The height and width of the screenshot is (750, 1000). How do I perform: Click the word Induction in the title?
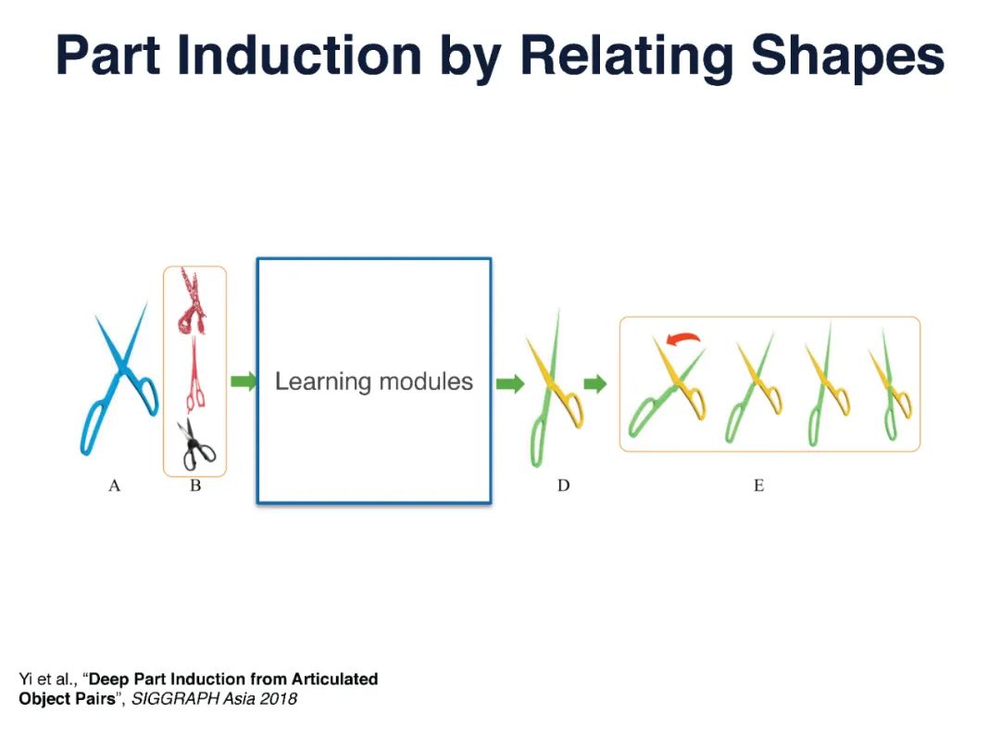[x=298, y=55]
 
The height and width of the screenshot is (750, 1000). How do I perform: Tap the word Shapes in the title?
[x=847, y=55]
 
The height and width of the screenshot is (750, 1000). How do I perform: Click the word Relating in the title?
[x=627, y=56]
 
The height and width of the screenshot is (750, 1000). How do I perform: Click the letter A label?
[x=114, y=486]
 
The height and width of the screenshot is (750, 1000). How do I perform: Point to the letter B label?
[x=195, y=486]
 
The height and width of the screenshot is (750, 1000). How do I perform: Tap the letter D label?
[x=563, y=486]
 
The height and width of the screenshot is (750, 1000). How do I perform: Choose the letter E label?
[x=759, y=486]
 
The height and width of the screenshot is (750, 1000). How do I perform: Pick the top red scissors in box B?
[x=192, y=301]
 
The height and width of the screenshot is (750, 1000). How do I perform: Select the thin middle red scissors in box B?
[x=194, y=376]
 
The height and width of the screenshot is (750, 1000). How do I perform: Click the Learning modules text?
[x=374, y=381]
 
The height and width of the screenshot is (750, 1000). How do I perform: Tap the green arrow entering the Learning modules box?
[x=243, y=381]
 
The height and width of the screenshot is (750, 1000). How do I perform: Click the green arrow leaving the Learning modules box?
[x=509, y=384]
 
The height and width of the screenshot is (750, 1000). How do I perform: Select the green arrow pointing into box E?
[x=595, y=384]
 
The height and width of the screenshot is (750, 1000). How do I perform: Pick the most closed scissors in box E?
[x=892, y=386]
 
